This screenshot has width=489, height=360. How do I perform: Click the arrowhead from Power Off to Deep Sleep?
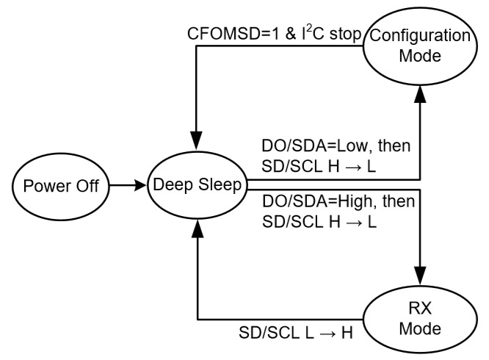[140, 185]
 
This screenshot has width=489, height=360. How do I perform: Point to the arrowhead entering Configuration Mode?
[421, 93]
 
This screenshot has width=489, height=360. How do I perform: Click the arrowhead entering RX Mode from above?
[421, 276]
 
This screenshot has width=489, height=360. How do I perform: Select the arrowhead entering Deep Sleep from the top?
[197, 141]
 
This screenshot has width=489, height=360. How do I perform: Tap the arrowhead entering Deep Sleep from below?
[197, 228]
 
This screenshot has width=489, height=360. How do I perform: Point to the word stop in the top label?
[345, 34]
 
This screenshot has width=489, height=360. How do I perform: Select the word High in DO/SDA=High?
[355, 201]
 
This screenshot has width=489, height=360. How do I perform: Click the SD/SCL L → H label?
[296, 333]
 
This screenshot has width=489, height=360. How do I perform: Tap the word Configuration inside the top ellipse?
[420, 35]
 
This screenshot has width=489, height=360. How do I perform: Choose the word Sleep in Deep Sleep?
[220, 184]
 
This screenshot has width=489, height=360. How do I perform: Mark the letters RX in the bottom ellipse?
[420, 309]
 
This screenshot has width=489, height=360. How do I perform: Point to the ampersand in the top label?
[291, 34]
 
